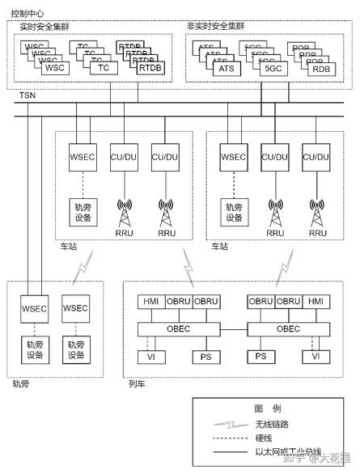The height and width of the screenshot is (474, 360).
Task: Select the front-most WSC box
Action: click(x=55, y=69)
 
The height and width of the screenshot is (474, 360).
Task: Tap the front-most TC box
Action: click(x=103, y=69)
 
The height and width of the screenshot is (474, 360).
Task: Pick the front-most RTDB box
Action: click(x=150, y=69)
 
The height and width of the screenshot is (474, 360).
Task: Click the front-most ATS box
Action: click(x=226, y=69)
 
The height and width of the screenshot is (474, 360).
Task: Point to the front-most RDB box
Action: click(x=322, y=69)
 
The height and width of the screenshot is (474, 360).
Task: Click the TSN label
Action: click(x=28, y=96)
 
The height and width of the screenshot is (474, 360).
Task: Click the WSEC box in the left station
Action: click(x=82, y=156)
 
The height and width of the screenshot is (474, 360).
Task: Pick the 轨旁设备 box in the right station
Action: click(x=234, y=212)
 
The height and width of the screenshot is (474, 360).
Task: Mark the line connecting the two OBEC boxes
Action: click(x=235, y=330)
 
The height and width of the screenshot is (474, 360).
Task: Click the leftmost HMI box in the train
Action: click(x=150, y=302)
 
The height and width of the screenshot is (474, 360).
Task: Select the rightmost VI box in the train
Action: click(x=316, y=357)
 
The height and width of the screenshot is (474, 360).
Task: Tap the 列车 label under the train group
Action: click(x=137, y=383)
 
